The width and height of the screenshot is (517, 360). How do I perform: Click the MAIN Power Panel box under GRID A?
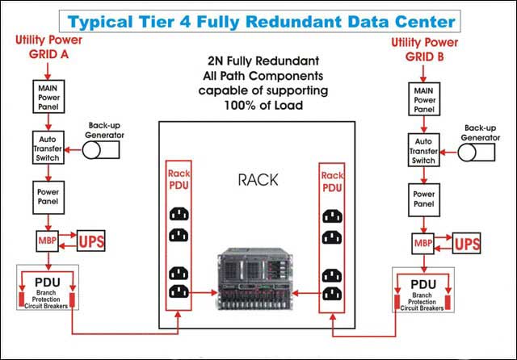[48, 96]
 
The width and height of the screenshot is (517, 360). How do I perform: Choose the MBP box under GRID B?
[424, 241]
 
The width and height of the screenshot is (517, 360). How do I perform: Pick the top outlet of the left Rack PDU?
[179, 215]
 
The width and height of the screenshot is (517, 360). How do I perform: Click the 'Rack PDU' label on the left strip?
[179, 179]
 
